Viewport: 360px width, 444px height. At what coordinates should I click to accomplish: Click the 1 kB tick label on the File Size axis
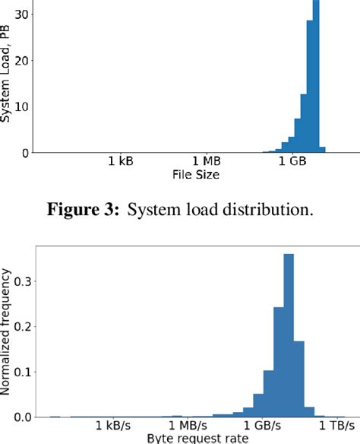click(x=122, y=162)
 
